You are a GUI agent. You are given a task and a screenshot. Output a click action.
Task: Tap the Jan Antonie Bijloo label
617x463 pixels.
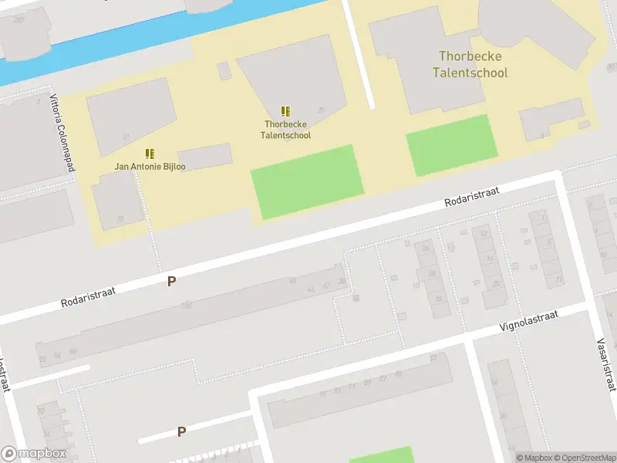pyautogui.click(x=150, y=166)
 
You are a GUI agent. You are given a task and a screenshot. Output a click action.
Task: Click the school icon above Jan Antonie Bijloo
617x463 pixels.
pyautogui.click(x=150, y=154)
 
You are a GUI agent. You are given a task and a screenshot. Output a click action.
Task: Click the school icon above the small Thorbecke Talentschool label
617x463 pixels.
pyautogui.click(x=286, y=112)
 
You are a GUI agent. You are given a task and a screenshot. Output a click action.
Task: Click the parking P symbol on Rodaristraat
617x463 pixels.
pyautogui.click(x=171, y=282)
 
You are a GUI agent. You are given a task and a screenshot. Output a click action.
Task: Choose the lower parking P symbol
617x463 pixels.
pyautogui.click(x=181, y=431)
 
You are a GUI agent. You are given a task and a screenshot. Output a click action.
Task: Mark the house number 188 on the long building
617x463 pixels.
pyautogui.click(x=187, y=306)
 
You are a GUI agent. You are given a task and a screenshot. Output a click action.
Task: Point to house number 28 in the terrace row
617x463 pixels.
pyautogui.click(x=433, y=273)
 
